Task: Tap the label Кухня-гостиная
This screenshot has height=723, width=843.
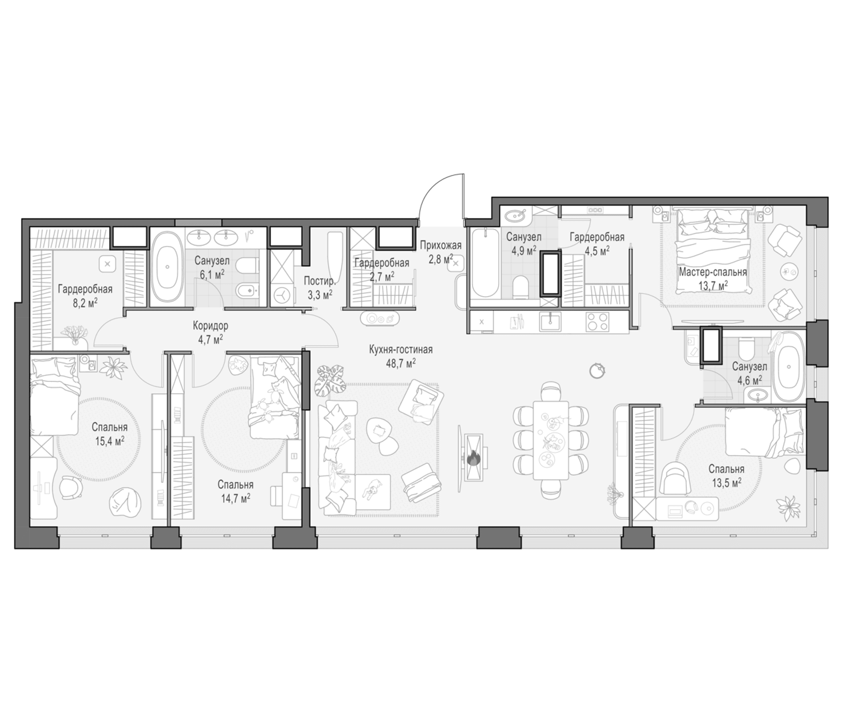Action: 401,350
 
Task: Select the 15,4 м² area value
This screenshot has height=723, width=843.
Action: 110,441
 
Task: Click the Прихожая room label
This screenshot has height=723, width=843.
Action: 441,245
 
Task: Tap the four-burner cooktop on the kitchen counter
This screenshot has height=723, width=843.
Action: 597,322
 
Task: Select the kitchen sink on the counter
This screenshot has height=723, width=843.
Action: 551,322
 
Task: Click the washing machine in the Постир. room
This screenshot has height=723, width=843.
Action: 281,294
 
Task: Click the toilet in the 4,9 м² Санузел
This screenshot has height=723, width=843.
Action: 521,286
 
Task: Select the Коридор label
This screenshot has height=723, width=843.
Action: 210,326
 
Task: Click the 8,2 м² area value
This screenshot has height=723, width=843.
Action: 85,304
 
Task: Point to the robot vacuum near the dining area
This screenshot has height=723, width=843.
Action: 597,369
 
